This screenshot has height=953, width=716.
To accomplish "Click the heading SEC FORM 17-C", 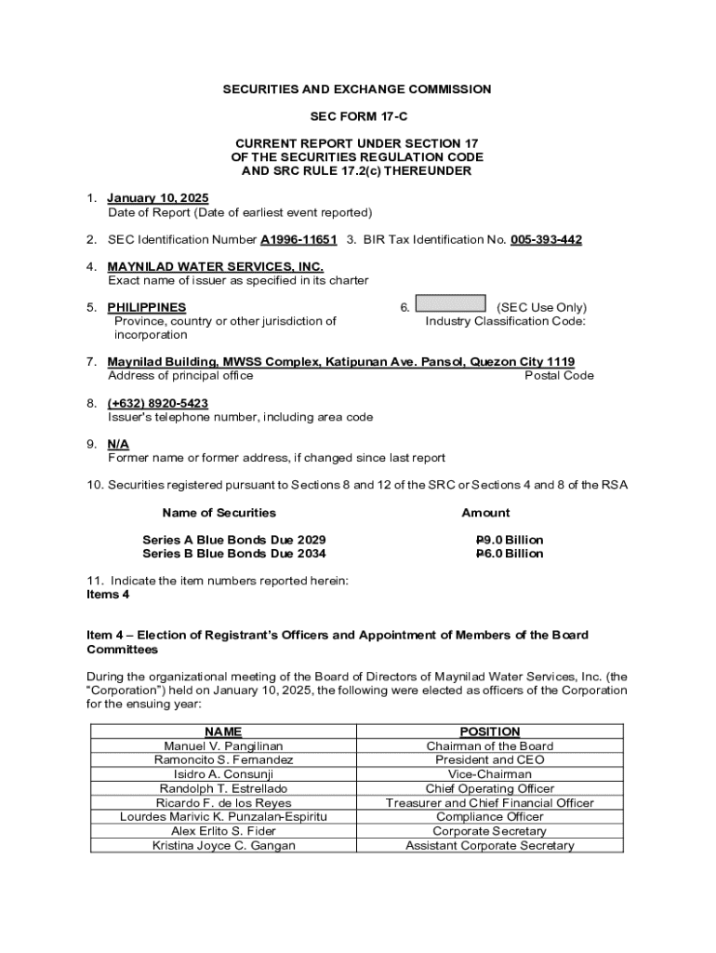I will tap(357, 116).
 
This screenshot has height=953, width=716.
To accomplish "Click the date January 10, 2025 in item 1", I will tap(158, 198).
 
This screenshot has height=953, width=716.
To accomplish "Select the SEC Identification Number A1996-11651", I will tap(298, 240).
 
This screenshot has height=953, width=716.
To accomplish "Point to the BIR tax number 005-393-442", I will tap(546, 240).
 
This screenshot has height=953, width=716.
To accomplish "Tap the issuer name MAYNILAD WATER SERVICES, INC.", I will tap(216, 267).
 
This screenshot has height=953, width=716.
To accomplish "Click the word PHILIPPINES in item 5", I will tap(147, 307).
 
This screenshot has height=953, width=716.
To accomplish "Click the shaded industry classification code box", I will tap(450, 303).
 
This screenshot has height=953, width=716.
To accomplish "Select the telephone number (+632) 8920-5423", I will tap(158, 403).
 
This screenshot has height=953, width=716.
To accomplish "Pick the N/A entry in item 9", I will tap(118, 444).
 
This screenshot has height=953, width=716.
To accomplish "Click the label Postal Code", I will tap(559, 376).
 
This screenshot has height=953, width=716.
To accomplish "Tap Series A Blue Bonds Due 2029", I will tap(234, 540).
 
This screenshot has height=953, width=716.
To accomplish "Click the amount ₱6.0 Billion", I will tap(510, 554).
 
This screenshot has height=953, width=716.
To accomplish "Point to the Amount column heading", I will tap(485, 513).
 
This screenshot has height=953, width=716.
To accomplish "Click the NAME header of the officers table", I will tap(223, 732).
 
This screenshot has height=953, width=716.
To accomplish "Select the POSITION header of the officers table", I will tap(490, 732).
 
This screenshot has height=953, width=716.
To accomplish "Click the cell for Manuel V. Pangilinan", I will tap(223, 746).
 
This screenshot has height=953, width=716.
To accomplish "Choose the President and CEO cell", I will tap(490, 760).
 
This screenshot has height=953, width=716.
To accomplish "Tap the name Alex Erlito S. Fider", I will tap(223, 831).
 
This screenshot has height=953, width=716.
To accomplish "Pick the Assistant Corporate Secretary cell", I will tap(490, 845).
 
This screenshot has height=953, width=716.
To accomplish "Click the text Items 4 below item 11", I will tap(108, 594).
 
